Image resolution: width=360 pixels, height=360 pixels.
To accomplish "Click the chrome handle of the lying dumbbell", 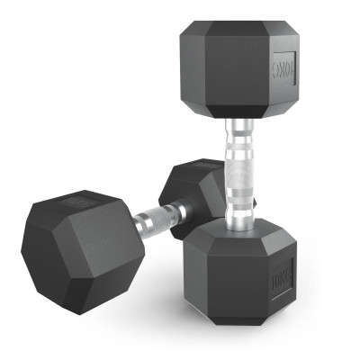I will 161,217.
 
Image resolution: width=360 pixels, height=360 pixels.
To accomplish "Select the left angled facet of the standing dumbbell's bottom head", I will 192,270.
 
